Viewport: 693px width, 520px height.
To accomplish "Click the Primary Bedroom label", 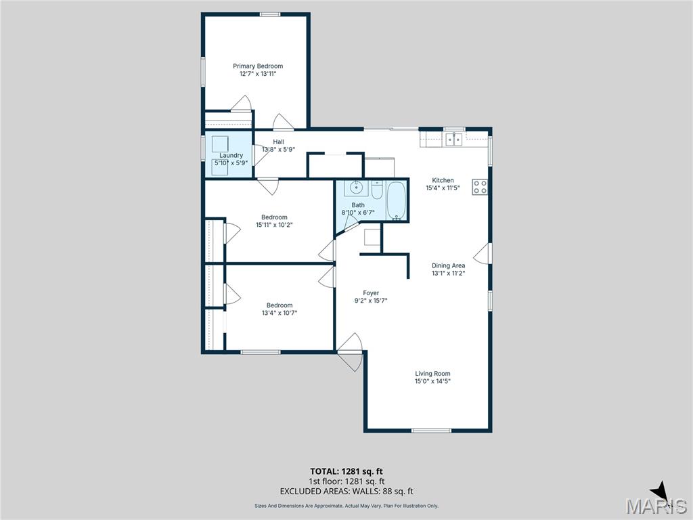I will [x=258, y=66].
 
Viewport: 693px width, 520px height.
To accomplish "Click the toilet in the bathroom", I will [x=378, y=190].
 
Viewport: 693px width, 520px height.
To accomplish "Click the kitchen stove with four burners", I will [x=480, y=187].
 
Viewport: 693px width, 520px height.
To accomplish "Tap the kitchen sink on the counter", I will [x=453, y=140].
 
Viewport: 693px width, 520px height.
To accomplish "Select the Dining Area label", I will [x=448, y=265].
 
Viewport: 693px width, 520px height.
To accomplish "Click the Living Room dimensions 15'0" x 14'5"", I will [x=432, y=381].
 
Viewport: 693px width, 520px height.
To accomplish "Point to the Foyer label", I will [x=371, y=293].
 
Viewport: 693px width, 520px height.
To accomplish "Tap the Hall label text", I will [x=278, y=142].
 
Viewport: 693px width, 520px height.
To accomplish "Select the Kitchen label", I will [x=443, y=180].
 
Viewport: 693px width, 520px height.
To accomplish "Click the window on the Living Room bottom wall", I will [x=432, y=431].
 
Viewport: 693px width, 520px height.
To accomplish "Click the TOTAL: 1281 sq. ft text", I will [x=346, y=471].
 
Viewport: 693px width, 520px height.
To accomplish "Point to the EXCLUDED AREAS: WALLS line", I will [x=346, y=492].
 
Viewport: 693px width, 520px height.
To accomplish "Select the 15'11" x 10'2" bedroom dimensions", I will [x=274, y=225].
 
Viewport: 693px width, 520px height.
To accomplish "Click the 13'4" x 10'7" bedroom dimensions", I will [x=279, y=313].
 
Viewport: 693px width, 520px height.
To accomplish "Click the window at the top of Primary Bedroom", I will [x=271, y=14].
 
